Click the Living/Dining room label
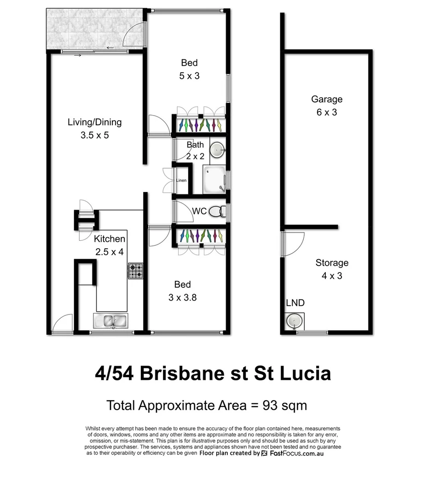(95, 122)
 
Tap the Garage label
(327, 99)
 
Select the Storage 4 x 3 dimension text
(331, 276)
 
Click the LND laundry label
(295, 303)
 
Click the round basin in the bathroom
(217, 149)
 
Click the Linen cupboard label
(181, 180)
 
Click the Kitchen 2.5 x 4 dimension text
(110, 252)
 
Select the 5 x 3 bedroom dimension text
(189, 76)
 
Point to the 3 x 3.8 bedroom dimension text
(183, 297)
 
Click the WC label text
(199, 211)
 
